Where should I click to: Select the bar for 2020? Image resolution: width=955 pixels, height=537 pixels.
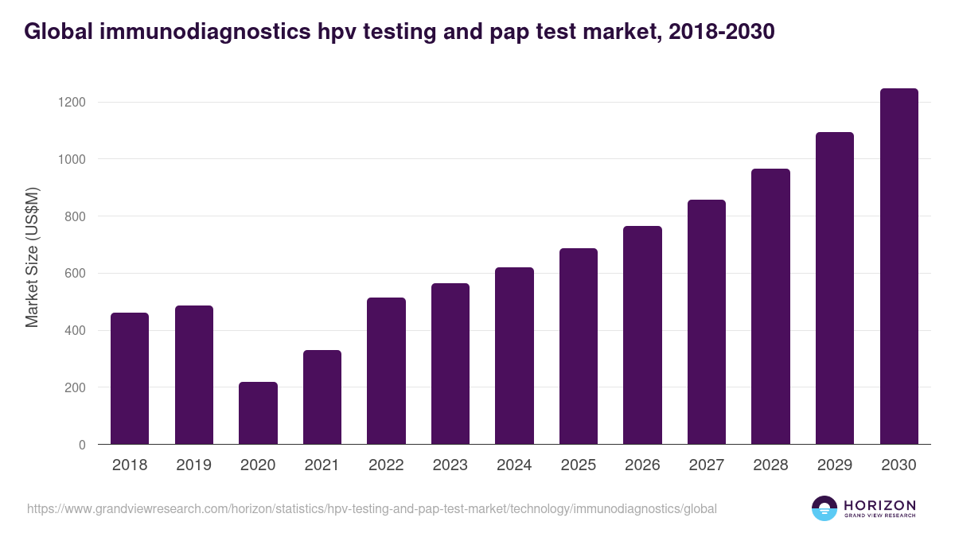click(259, 413)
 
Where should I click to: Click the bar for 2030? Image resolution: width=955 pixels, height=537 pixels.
click(899, 267)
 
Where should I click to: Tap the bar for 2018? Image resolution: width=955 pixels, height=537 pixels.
click(130, 379)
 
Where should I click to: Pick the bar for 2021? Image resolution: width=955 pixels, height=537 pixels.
click(322, 397)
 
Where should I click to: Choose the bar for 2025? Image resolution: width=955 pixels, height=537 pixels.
click(579, 346)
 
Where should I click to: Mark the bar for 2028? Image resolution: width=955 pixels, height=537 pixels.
click(771, 306)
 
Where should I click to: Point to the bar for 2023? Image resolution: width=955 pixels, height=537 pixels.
click(450, 364)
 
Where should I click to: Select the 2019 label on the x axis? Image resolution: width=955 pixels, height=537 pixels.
click(194, 465)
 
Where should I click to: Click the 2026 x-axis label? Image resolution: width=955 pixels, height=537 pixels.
click(642, 465)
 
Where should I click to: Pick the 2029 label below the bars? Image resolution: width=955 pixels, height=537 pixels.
click(835, 465)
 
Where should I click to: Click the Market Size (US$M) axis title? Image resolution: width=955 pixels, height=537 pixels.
click(33, 257)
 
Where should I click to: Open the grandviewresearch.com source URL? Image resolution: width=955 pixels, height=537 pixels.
click(372, 508)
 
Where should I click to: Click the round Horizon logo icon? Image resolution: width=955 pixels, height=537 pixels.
click(824, 508)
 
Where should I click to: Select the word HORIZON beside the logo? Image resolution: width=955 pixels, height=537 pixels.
click(880, 504)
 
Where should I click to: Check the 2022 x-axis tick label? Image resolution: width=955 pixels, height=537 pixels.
click(387, 465)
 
